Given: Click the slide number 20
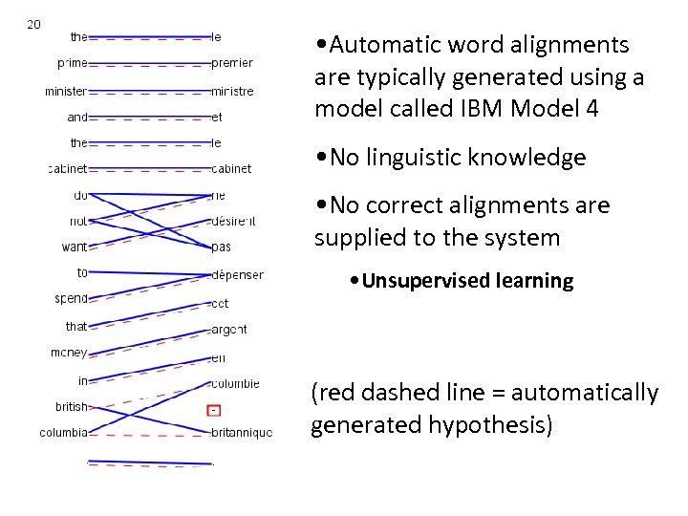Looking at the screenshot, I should coord(33,24).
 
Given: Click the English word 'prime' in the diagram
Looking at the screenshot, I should coord(73,63).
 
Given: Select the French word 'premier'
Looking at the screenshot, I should coord(232,63).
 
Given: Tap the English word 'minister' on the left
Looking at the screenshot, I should coord(66,92).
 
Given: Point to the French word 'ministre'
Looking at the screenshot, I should coord(233,92).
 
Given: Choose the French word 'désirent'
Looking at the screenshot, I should coord(235,222).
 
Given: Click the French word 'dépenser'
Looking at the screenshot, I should coord(238,275).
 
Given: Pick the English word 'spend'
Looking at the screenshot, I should coord(72,298).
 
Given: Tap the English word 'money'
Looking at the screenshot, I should coord(69,353).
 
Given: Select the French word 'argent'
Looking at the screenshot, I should coord(229,329).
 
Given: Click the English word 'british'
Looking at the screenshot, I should coord(72,406).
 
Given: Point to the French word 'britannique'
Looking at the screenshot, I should coord(242,433).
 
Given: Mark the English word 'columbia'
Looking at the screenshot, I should coord(64,433).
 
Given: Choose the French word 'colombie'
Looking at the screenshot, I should coord(235,384).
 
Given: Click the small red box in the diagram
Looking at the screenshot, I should coord(215,411).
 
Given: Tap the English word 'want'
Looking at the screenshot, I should coord(75,247).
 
